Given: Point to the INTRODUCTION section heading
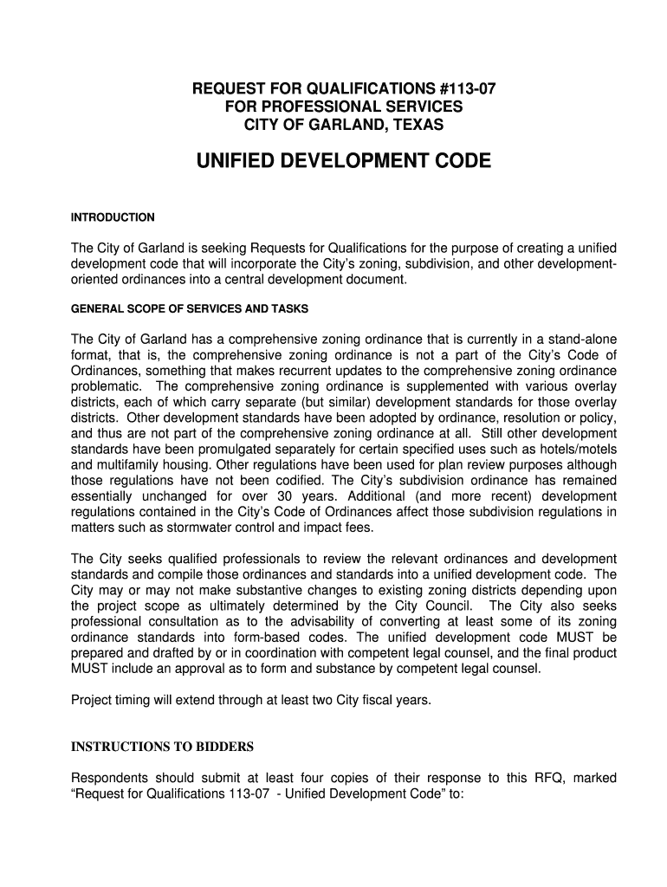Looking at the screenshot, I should pyautogui.click(x=113, y=217).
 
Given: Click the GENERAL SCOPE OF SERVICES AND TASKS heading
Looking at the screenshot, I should pyautogui.click(x=190, y=309).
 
